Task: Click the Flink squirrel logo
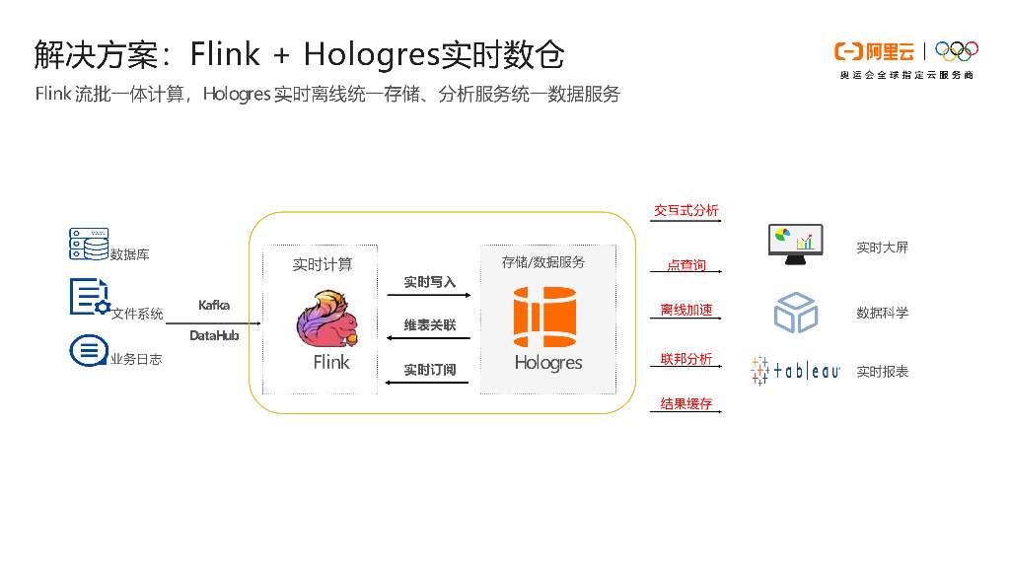[328, 319]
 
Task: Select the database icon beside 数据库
[89, 245]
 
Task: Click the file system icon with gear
[89, 297]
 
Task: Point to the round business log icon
[89, 351]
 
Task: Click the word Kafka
[214, 305]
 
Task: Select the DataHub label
[214, 335]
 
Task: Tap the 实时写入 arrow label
[429, 282]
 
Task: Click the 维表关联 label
[429, 325]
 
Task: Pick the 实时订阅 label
[429, 370]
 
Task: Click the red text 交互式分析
[686, 211]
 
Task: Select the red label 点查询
[686, 265]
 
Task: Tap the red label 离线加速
[686, 310]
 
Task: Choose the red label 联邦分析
[686, 359]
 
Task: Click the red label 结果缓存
[686, 404]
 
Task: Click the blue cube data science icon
[795, 312]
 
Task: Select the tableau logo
[795, 371]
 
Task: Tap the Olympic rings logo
[956, 50]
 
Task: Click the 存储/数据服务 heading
[543, 262]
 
